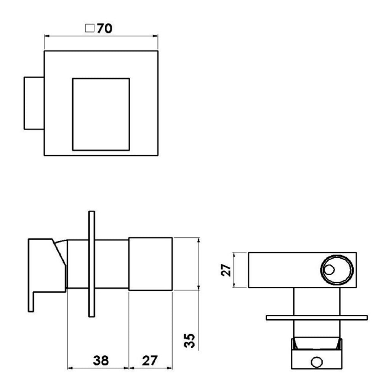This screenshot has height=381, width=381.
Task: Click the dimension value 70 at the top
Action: point(104,29)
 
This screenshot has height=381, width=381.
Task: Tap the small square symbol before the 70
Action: point(90,28)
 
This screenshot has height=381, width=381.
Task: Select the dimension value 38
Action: point(101,360)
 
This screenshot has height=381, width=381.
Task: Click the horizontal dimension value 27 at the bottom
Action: point(150,360)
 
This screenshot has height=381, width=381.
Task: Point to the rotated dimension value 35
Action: point(189,341)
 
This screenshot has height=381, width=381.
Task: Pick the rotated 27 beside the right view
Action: point(226,270)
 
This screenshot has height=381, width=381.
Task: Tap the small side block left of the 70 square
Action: point(34,103)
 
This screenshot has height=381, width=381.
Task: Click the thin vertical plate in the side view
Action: point(91,264)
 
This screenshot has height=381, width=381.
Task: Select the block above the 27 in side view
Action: point(150,264)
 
